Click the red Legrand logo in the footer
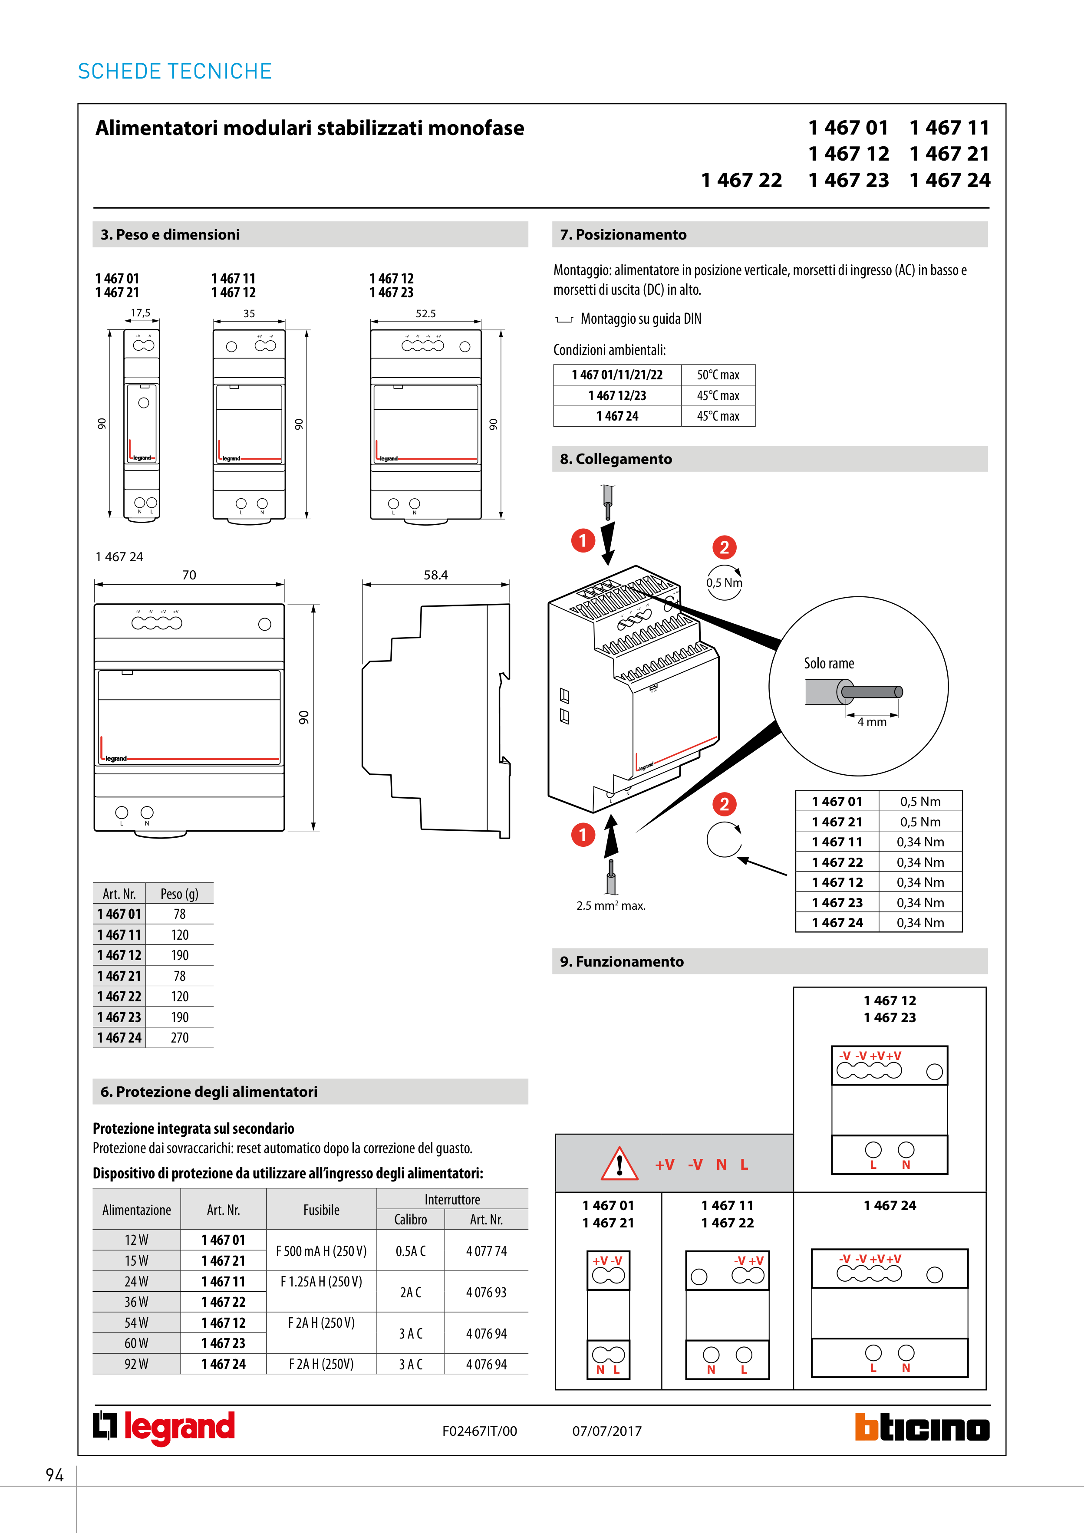pyautogui.click(x=164, y=1428)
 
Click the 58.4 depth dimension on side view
pyautogui.click(x=435, y=575)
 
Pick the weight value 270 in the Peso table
pyautogui.click(x=180, y=1038)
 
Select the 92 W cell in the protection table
pyautogui.click(x=136, y=1364)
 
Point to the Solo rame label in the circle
pyautogui.click(x=829, y=664)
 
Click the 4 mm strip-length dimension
pyautogui.click(x=872, y=722)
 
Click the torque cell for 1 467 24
pyautogui.click(x=920, y=923)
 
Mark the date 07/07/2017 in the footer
pyautogui.click(x=606, y=1431)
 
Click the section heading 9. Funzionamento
pyautogui.click(x=622, y=961)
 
